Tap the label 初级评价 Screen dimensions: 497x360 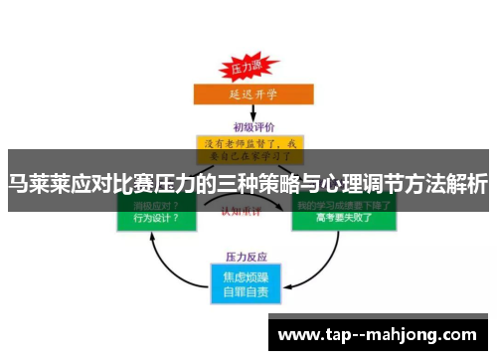coord(248,126)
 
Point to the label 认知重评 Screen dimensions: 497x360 coord(247,211)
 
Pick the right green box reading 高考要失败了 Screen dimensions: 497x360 coord(343,218)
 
